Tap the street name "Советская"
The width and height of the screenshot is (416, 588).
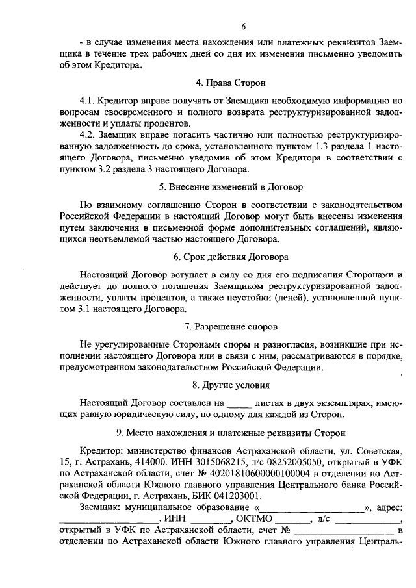click(x=380, y=450)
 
